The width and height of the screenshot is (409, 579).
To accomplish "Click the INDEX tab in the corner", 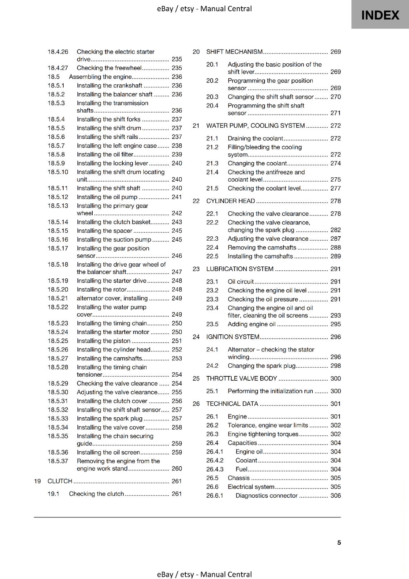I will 380,15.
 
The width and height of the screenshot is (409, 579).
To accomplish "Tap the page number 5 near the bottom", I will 339,542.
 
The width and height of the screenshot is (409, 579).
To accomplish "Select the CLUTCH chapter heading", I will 60,481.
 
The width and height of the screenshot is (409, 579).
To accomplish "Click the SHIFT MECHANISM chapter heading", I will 234,52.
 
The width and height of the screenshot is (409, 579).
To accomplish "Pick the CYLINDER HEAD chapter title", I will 231,201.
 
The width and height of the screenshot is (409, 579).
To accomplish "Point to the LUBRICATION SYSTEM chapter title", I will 240,269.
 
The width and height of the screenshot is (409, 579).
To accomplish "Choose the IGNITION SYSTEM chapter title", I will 233,337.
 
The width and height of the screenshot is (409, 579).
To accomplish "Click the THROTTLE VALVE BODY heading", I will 241,379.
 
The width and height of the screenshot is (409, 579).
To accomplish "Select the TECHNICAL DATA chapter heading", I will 232,404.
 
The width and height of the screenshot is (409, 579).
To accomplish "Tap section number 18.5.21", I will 58,298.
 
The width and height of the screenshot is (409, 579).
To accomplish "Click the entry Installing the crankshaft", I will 109,85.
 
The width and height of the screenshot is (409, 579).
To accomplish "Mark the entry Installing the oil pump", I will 107,197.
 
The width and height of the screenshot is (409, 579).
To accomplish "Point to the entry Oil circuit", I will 241,282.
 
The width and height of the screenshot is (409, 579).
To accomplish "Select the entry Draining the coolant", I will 255,138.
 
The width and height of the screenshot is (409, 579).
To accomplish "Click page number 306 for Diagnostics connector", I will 336,496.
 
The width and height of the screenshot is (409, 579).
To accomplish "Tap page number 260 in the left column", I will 177,469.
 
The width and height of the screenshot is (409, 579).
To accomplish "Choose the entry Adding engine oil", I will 252,324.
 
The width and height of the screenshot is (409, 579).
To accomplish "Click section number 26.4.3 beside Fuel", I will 215,469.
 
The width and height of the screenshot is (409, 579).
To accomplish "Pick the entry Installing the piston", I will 104,341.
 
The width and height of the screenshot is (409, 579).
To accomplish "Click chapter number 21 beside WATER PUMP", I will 196,126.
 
